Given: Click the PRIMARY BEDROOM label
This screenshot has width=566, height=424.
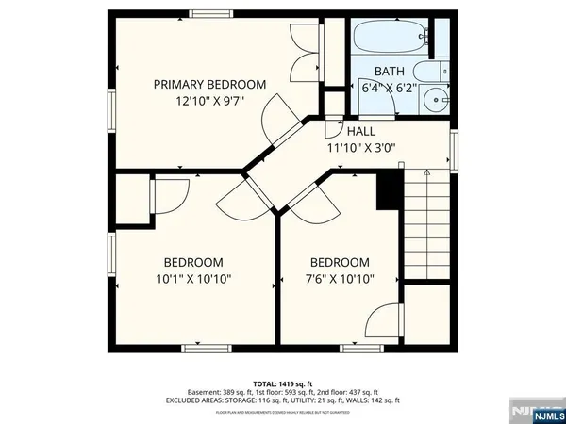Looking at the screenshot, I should [210, 84].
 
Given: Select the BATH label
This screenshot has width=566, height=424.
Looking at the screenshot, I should [389, 72].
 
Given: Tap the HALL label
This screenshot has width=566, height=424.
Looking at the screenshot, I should [361, 131].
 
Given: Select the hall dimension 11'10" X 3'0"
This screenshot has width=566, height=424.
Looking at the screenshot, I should [361, 148].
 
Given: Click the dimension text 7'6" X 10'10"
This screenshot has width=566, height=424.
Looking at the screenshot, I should [341, 279].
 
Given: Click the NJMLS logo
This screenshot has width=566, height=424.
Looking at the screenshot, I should [541, 413].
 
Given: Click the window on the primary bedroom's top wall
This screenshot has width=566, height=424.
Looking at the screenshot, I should [207, 12].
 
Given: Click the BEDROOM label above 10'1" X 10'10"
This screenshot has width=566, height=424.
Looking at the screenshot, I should [192, 262].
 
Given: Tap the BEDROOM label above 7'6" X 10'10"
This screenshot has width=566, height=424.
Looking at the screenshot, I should [341, 262].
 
